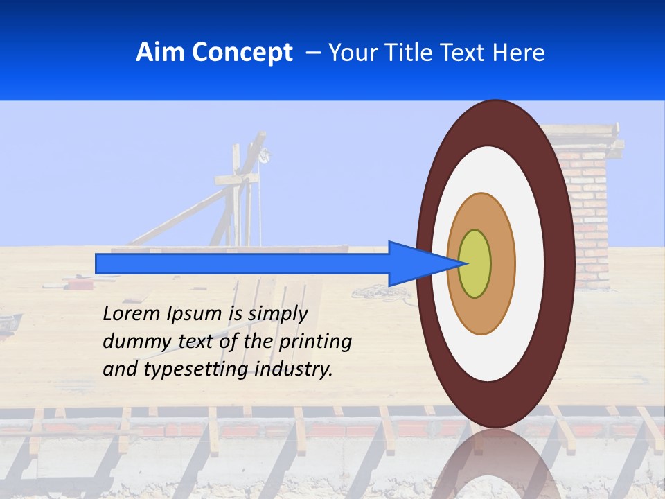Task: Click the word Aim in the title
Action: pos(160,53)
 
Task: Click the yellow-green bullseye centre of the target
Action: pos(475,264)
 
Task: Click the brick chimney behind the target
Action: pos(589,201)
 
